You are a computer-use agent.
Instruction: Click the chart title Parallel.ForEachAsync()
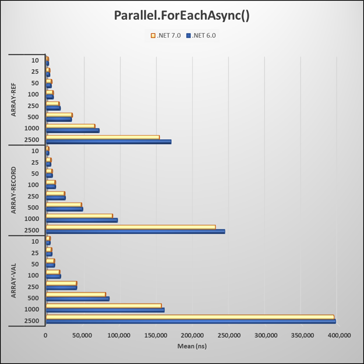[x=182, y=16]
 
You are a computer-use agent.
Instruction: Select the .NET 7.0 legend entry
[x=169, y=36]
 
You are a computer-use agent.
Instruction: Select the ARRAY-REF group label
[x=14, y=100]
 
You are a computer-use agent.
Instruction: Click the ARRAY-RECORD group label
[x=14, y=190]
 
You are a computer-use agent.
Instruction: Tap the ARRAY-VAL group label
[x=14, y=281]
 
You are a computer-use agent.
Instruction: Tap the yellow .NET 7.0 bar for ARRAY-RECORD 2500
[x=130, y=227]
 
